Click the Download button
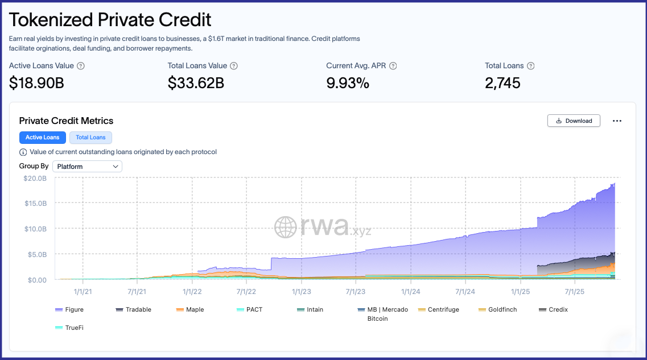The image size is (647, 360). [x=574, y=121]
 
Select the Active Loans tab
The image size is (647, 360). [x=43, y=138]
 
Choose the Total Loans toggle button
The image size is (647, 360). [x=90, y=138]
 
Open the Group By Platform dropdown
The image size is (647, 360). [x=87, y=167]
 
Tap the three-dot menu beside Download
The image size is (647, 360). [x=617, y=121]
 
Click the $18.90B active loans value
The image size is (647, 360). [x=36, y=83]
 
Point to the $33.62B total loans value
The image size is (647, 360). [x=196, y=83]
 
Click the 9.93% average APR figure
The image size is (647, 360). [x=348, y=83]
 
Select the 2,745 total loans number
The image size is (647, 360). [x=502, y=83]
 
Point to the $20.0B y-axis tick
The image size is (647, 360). [x=35, y=178]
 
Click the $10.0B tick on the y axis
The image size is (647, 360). [x=35, y=229]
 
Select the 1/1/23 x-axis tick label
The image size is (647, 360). [x=301, y=291]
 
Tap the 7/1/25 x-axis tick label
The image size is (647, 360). [x=574, y=291]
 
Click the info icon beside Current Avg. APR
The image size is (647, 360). [x=393, y=66]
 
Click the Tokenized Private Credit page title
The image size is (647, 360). [x=110, y=20]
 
